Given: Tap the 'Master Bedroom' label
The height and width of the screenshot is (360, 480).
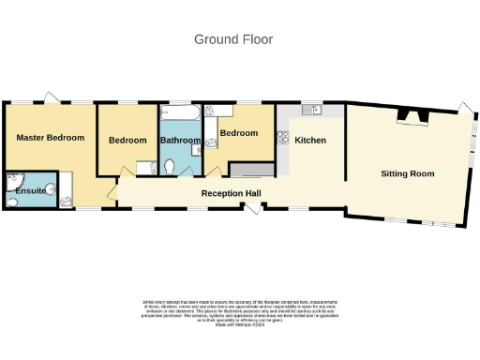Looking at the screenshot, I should [x=51, y=138].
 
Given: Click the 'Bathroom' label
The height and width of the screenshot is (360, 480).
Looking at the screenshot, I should [x=180, y=141].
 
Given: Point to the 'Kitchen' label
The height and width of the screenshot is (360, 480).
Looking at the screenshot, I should [x=310, y=141].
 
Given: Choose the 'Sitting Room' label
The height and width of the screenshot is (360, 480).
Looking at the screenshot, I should [x=407, y=173].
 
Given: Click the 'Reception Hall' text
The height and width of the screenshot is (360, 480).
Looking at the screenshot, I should [x=231, y=193].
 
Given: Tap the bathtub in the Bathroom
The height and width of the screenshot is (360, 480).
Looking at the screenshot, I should [x=179, y=114].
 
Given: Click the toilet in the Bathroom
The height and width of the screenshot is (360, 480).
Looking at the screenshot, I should [x=170, y=166].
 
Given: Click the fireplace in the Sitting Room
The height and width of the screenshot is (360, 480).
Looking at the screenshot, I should [x=412, y=116].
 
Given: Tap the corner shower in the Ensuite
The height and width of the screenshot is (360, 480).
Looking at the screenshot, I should [x=14, y=181].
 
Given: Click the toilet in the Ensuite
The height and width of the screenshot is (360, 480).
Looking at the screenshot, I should [x=67, y=200].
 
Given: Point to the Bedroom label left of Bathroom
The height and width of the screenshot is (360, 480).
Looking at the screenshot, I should [x=127, y=141].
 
